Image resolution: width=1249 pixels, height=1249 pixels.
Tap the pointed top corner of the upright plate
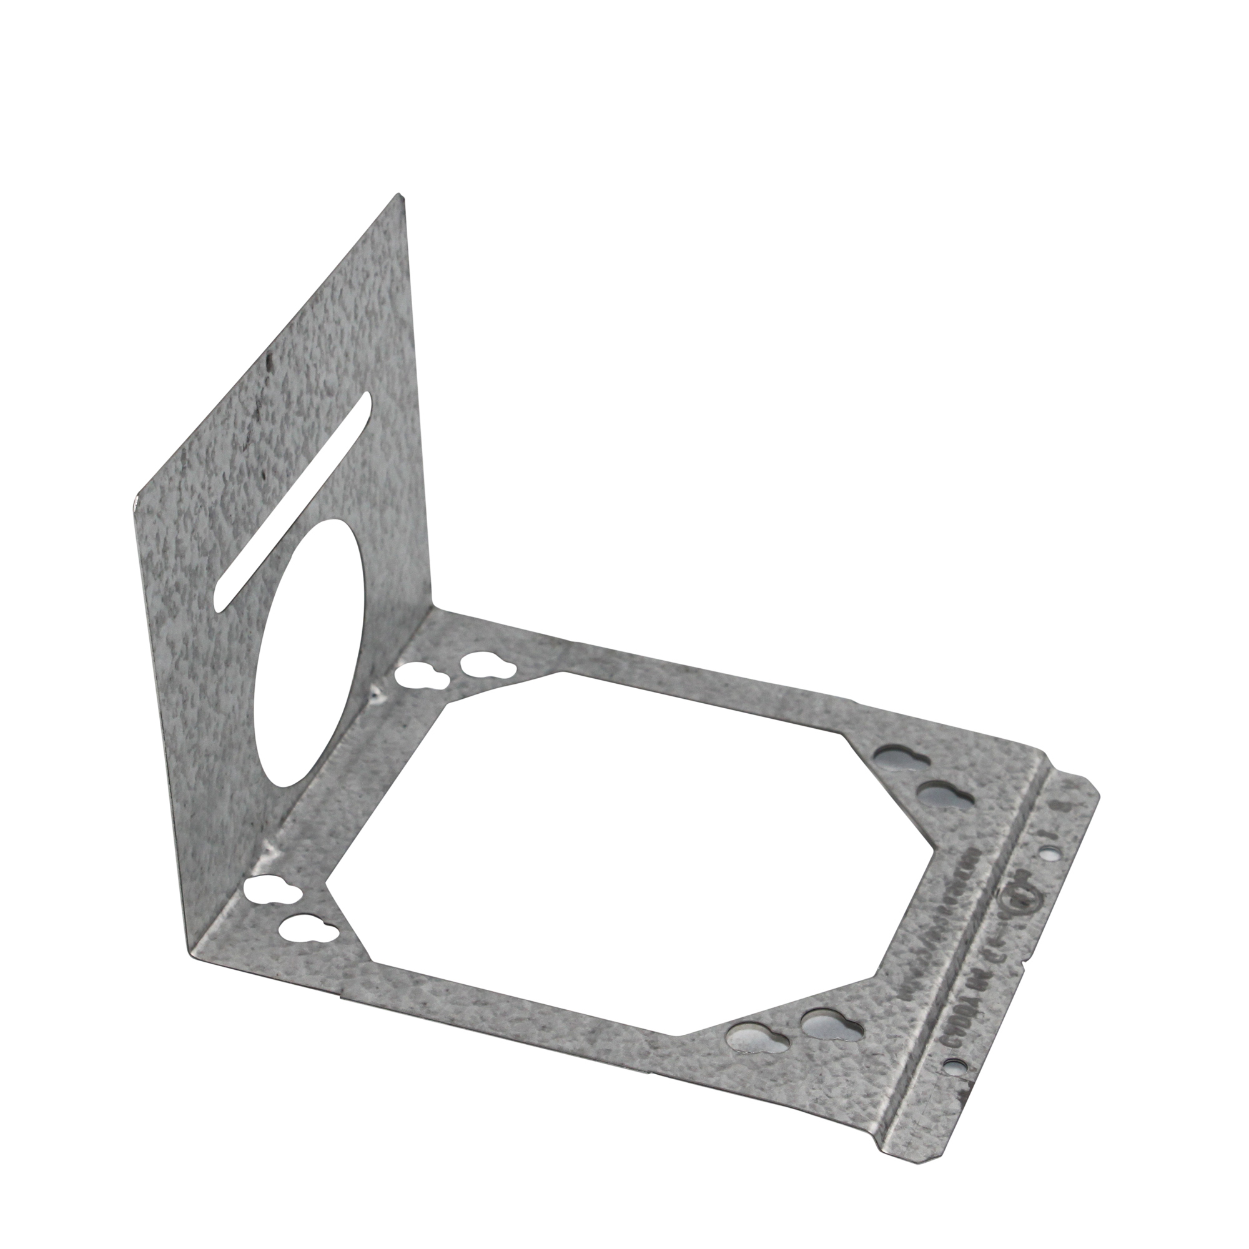point(400,195)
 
